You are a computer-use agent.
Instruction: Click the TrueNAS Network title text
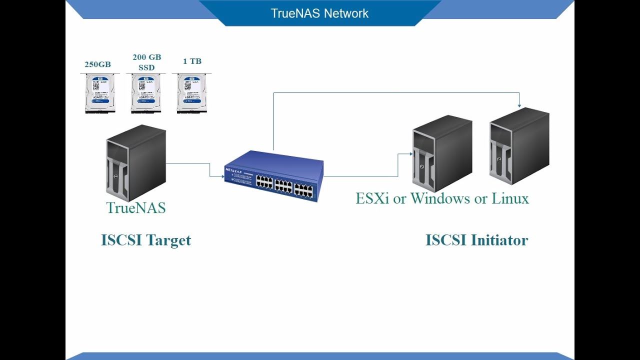coord(319,13)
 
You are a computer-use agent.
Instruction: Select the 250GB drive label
coord(97,64)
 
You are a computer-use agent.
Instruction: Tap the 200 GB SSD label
coord(146,62)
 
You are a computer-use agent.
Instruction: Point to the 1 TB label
coord(192,61)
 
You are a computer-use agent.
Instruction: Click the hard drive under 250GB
coord(100,93)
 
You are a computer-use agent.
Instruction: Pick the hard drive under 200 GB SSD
coord(146,93)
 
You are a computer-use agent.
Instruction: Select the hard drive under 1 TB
coord(191,93)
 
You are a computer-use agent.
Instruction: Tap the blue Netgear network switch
coord(274,175)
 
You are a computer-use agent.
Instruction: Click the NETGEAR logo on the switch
coord(233,170)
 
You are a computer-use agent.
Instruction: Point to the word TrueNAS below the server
coord(135,207)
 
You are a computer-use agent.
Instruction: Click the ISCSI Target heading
coord(146,240)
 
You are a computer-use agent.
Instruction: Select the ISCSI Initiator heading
coord(476,240)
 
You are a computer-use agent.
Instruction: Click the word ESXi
coord(372,198)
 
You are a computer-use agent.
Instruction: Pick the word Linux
coord(510,198)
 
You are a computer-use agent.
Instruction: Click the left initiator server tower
coord(442,153)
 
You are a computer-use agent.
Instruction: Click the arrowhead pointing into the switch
coord(222,176)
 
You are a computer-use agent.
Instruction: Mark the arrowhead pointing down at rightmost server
coord(519,105)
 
